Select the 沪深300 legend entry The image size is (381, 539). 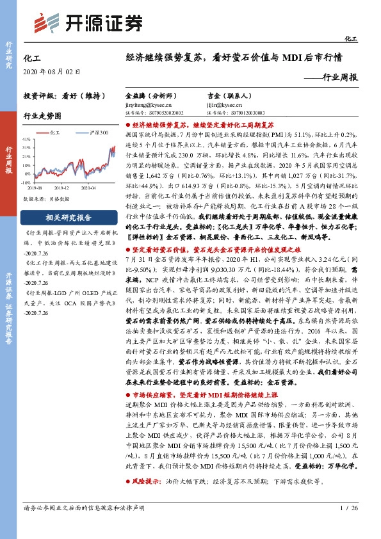(97, 132)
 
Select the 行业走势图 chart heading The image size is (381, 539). (42, 117)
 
